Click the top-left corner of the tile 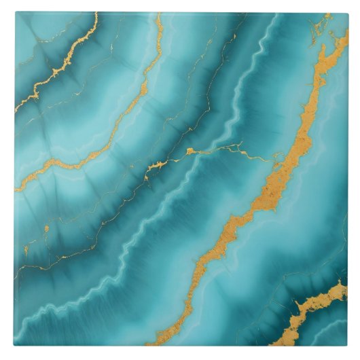(x=14, y=12)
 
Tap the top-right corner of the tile (x=348, y=12)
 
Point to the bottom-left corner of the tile (x=14, y=346)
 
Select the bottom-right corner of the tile (x=348, y=346)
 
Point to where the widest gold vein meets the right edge (x=346, y=34)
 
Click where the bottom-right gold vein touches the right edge (x=346, y=288)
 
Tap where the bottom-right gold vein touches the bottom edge (x=289, y=344)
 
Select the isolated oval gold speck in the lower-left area (x=46, y=228)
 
